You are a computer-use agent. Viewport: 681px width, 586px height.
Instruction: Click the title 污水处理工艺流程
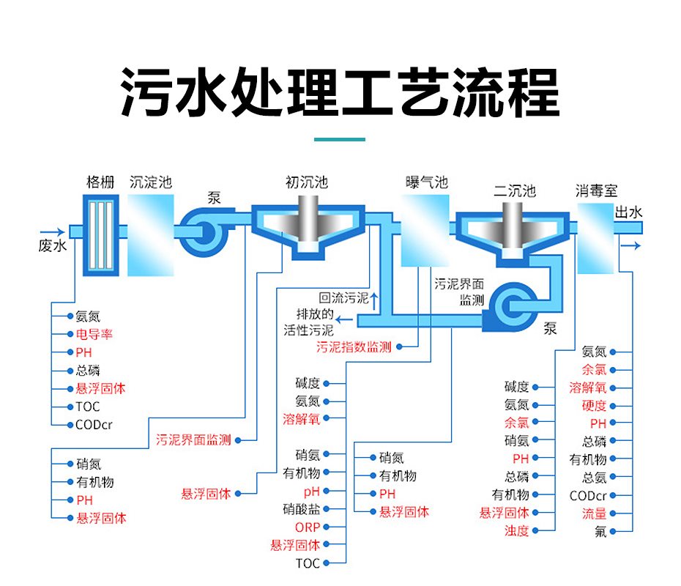(x=340, y=92)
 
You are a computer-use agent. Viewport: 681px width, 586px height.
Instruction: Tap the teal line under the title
(x=340, y=138)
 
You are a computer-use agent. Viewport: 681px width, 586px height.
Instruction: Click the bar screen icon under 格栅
(x=100, y=237)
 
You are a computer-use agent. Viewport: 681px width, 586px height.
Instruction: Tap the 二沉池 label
(x=515, y=192)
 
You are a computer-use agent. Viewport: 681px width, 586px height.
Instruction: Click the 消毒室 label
(x=596, y=192)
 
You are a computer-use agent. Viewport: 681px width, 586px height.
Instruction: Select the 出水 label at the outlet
(x=628, y=213)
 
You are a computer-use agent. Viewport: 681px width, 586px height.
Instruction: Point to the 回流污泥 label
(x=344, y=298)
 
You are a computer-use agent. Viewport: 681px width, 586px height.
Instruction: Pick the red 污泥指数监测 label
(x=354, y=347)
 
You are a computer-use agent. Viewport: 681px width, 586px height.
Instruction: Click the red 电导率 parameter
(x=94, y=335)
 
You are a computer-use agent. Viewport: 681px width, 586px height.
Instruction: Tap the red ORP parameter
(x=308, y=527)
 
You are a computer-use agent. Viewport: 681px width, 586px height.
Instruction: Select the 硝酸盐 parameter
(x=302, y=508)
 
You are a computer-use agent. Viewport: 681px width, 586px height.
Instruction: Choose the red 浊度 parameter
(x=516, y=530)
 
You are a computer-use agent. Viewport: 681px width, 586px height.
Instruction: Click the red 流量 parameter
(x=594, y=513)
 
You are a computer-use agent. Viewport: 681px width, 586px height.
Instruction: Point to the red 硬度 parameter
(x=594, y=406)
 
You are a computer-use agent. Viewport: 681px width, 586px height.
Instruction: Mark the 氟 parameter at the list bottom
(x=601, y=532)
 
